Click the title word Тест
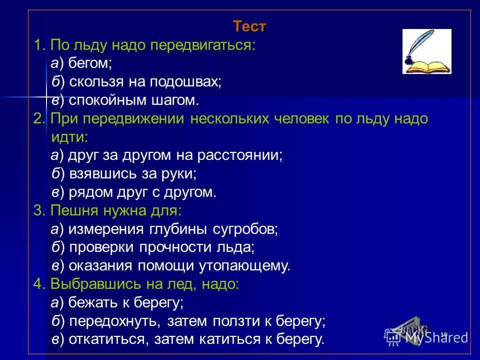coord(249,26)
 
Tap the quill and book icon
coord(426,51)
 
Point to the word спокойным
coord(108,100)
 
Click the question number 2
coord(39,118)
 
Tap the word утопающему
coord(243,266)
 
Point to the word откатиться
coord(106,339)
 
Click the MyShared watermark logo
coord(426,336)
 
